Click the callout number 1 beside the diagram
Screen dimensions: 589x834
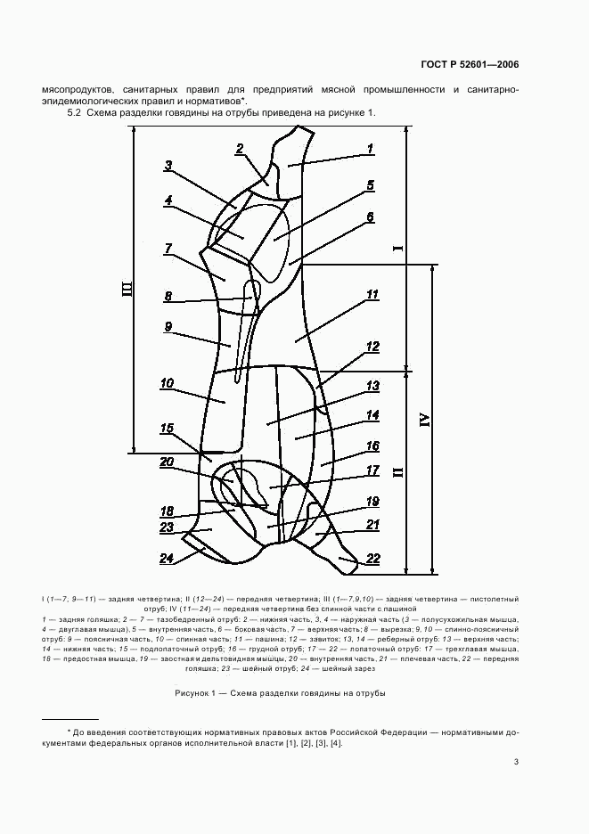point(371,149)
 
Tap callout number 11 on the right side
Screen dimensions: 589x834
point(372,295)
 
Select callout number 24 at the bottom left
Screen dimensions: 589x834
point(167,558)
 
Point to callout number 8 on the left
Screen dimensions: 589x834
point(168,296)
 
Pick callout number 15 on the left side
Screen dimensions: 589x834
point(167,429)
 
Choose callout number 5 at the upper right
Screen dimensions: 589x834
point(371,185)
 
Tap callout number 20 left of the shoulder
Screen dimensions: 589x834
point(167,462)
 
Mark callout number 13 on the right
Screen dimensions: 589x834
point(372,386)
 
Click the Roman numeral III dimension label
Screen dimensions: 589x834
point(127,290)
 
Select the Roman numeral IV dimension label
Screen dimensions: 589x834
point(424,420)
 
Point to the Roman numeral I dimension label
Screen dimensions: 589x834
point(399,248)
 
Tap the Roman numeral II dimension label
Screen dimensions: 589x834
point(399,471)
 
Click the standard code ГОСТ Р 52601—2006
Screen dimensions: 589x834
point(470,65)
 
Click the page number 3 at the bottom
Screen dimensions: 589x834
point(516,762)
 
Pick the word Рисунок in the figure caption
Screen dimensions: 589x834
point(192,693)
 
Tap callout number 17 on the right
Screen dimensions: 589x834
point(372,470)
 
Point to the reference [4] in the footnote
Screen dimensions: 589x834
point(336,743)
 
